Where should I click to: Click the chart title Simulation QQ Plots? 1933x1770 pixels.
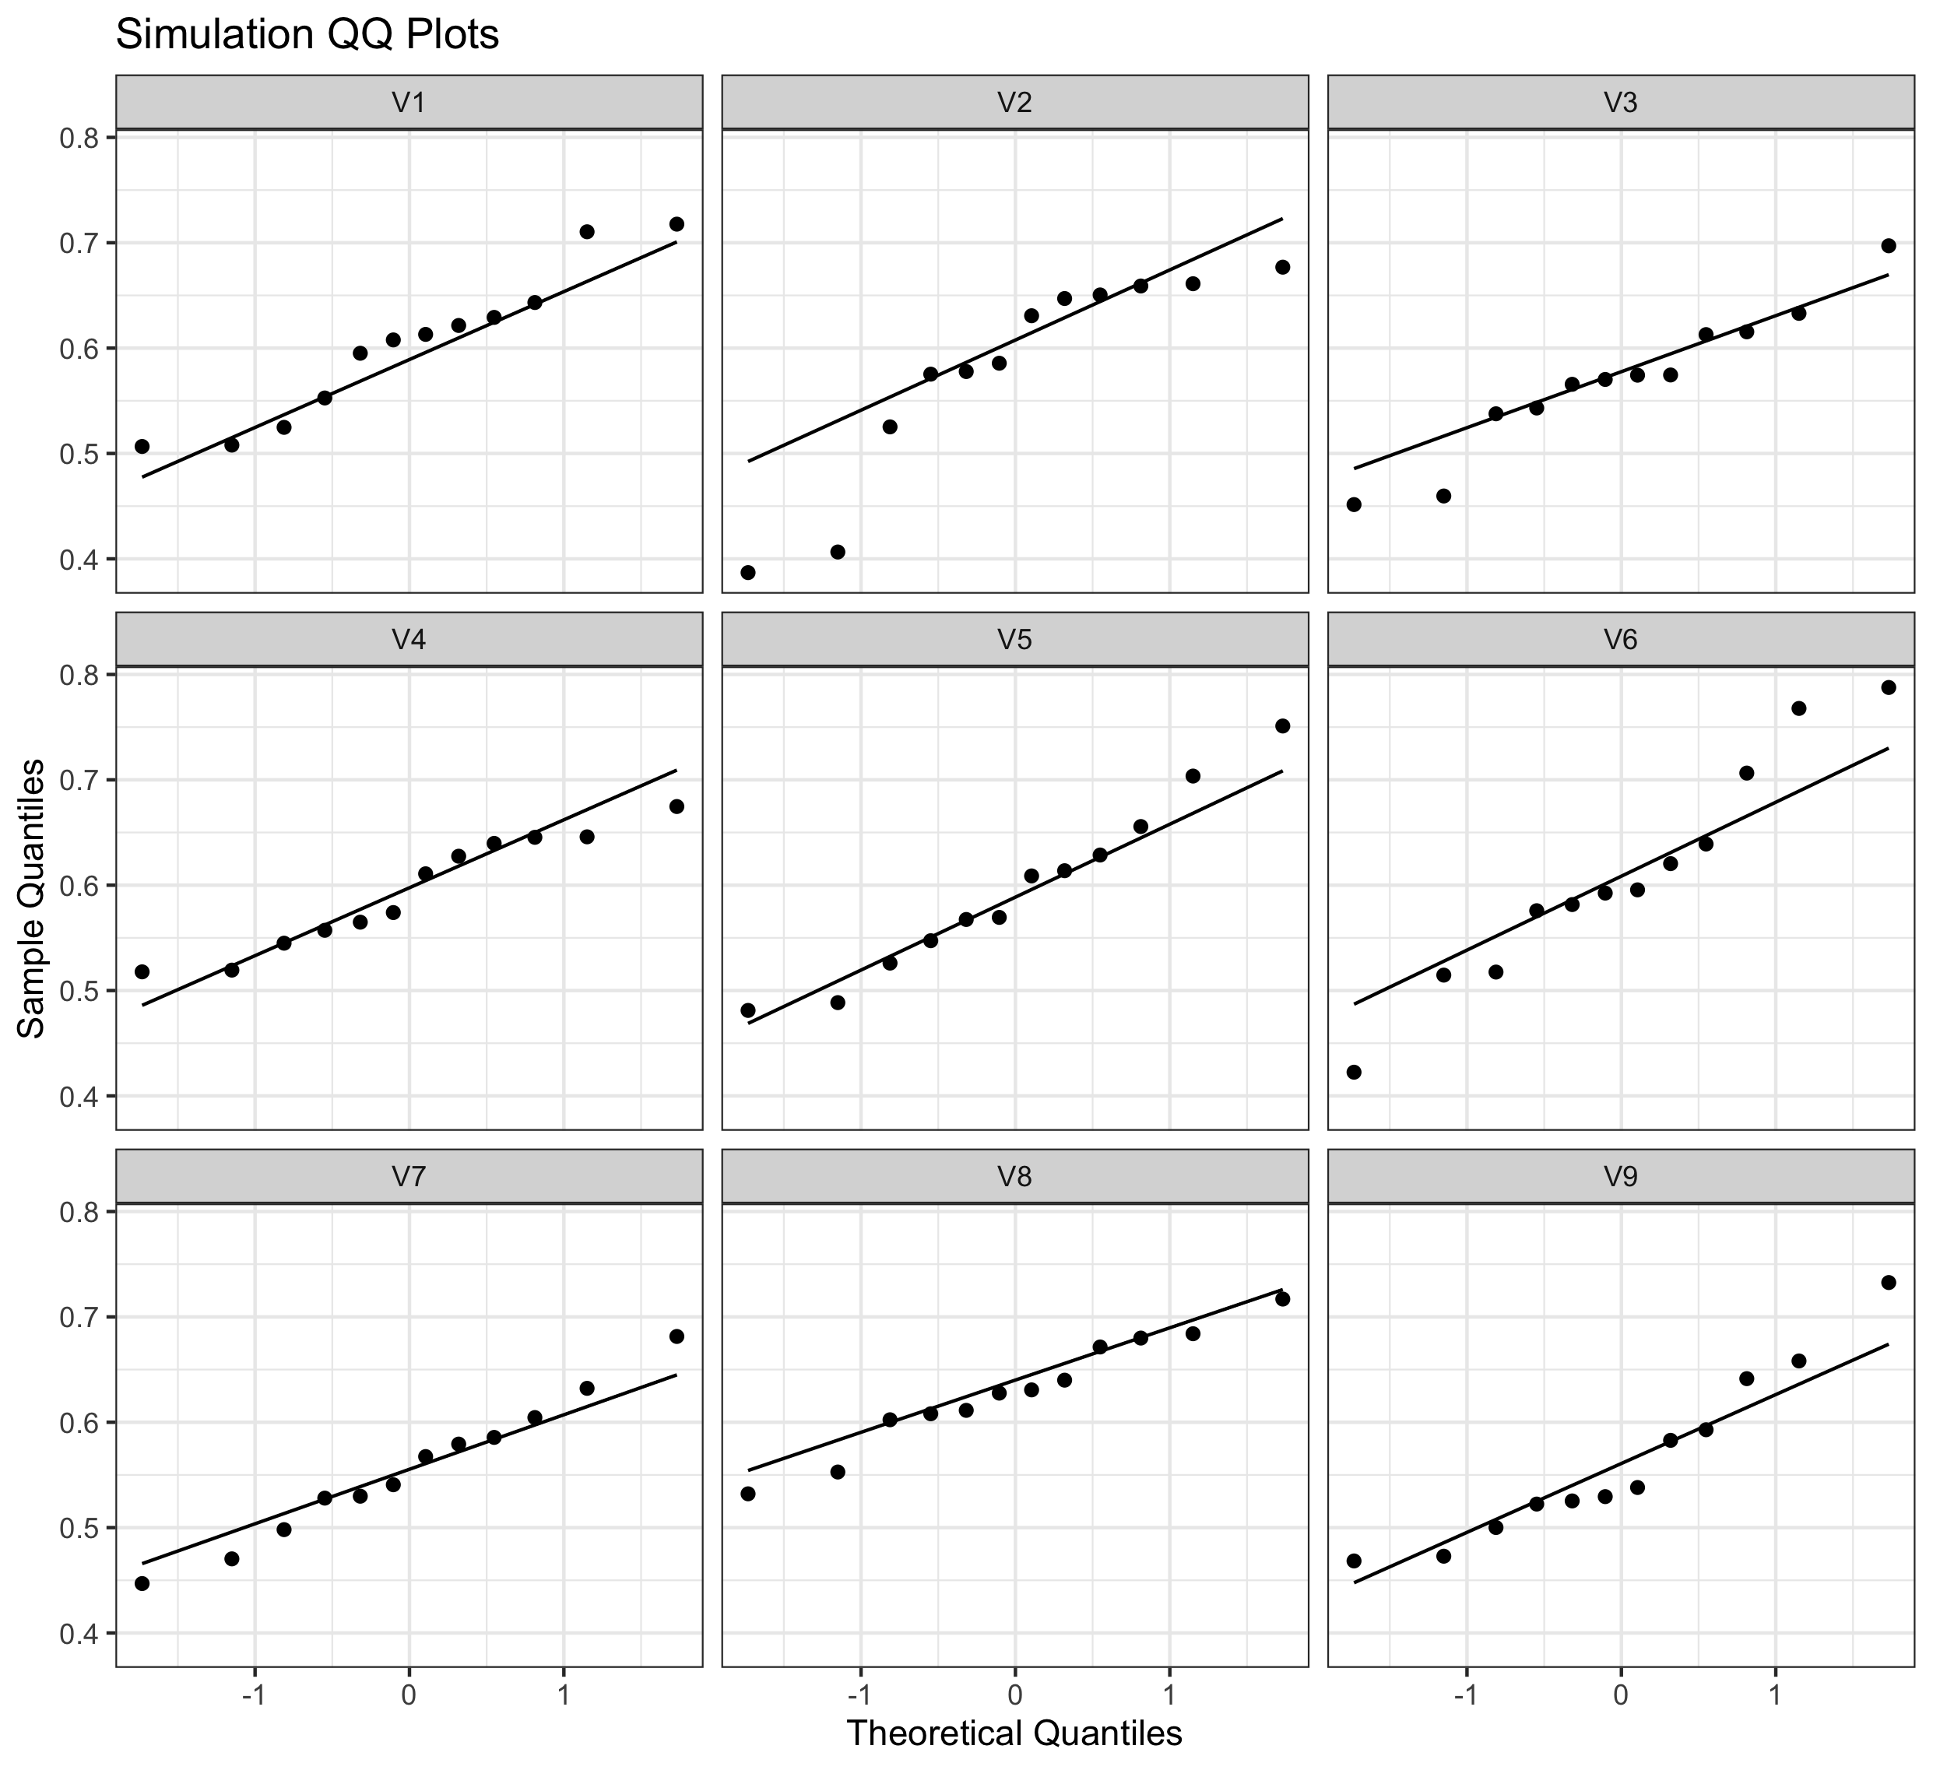click(307, 36)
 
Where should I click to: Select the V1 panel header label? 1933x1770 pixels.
click(409, 103)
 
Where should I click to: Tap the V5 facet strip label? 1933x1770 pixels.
click(1014, 640)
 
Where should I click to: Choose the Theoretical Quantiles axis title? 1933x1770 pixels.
click(1014, 1733)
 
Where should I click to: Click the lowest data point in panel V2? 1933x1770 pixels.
click(748, 572)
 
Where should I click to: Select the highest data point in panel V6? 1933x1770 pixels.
click(1889, 687)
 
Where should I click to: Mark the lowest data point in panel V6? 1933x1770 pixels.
click(1354, 1072)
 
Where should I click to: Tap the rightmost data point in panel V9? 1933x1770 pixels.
click(1889, 1282)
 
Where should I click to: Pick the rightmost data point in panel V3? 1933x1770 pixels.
click(1889, 245)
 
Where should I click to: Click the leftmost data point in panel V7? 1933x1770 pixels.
click(142, 1583)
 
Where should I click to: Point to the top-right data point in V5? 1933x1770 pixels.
click(1283, 726)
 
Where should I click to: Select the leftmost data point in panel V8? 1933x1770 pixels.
click(748, 1493)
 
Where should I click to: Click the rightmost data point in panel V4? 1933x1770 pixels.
click(676, 806)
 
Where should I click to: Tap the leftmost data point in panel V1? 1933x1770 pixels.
click(142, 447)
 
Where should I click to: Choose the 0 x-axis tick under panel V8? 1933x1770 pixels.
click(1014, 1694)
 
